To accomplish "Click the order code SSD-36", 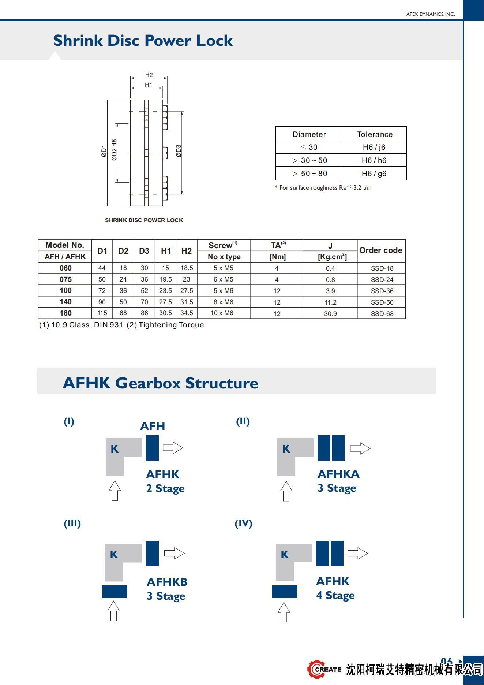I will (x=382, y=291).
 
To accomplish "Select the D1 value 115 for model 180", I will (x=102, y=313).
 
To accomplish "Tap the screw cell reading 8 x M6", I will (x=224, y=302).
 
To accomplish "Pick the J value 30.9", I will (x=330, y=314).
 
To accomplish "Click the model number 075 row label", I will (x=65, y=279).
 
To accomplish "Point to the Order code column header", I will (x=381, y=250).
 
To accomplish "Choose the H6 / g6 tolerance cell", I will (x=374, y=174).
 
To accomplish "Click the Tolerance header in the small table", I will (x=375, y=134).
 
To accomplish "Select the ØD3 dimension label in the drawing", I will (x=179, y=151).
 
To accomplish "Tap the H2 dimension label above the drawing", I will (x=149, y=75).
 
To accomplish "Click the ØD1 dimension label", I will (x=104, y=151).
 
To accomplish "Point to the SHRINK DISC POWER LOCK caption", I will (x=144, y=220).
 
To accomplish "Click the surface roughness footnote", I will (x=323, y=188).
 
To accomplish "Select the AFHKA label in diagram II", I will (x=338, y=474).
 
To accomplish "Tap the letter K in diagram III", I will (x=114, y=555).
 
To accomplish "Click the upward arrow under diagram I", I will (x=115, y=491).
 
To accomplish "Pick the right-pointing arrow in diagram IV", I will (x=357, y=553).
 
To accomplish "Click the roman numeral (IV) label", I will (x=243, y=524).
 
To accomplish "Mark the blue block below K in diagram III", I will (x=115, y=591).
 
